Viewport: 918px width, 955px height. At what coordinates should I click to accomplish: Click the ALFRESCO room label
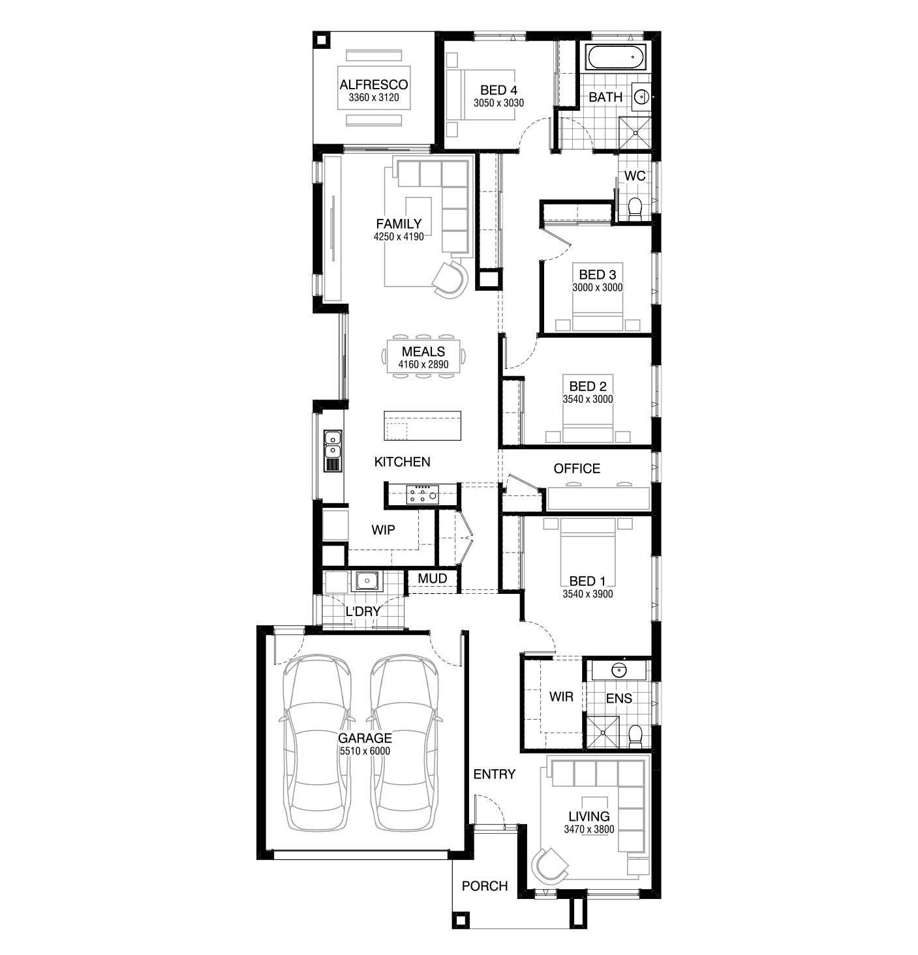coord(373,85)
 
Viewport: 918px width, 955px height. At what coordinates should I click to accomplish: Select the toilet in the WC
coord(635,209)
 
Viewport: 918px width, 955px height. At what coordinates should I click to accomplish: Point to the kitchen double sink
coord(333,451)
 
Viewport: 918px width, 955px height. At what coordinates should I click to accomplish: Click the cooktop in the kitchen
coord(422,493)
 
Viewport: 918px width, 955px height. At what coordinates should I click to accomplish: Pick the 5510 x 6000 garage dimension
coord(365,751)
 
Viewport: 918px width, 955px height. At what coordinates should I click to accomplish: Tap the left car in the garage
coord(317,742)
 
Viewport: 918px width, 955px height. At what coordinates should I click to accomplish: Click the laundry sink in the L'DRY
coord(367,581)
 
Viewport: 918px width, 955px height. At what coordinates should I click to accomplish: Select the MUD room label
coord(432,579)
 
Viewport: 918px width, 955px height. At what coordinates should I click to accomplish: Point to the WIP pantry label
coord(383,530)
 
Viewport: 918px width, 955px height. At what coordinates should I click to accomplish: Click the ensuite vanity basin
coord(619,670)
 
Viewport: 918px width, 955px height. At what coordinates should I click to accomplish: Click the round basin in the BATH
coord(641,96)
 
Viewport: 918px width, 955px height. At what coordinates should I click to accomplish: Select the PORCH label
coord(485,886)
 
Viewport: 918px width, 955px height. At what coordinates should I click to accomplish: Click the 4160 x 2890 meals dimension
coord(423,364)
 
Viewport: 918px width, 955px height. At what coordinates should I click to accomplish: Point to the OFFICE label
coord(577,469)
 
